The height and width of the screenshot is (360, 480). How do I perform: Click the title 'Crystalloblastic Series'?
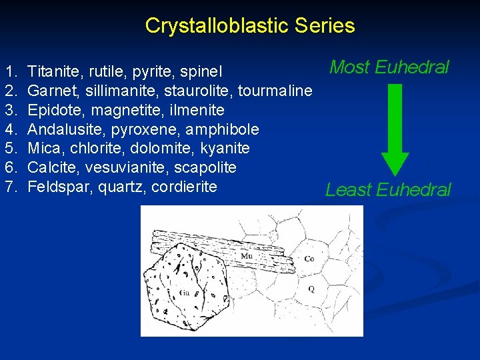tap(249, 26)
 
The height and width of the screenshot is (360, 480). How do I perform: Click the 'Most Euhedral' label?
tap(389, 67)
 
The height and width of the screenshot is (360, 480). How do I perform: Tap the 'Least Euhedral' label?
tap(388, 190)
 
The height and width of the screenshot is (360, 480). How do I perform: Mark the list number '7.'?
tap(10, 187)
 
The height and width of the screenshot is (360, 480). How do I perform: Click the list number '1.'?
tap(10, 70)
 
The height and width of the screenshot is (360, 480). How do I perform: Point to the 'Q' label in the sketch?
tap(311, 289)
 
